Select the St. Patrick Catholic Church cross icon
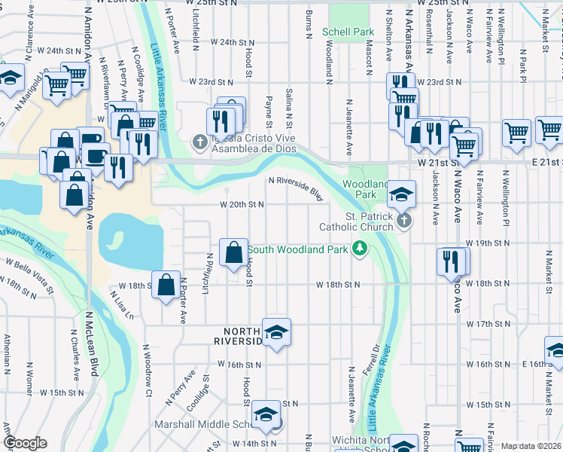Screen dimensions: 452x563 click(x=404, y=221)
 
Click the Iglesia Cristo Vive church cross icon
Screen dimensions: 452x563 click(x=199, y=141)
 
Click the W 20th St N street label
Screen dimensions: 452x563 click(x=242, y=204)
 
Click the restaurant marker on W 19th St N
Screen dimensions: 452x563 click(x=450, y=261)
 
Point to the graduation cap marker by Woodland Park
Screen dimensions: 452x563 click(x=402, y=194)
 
